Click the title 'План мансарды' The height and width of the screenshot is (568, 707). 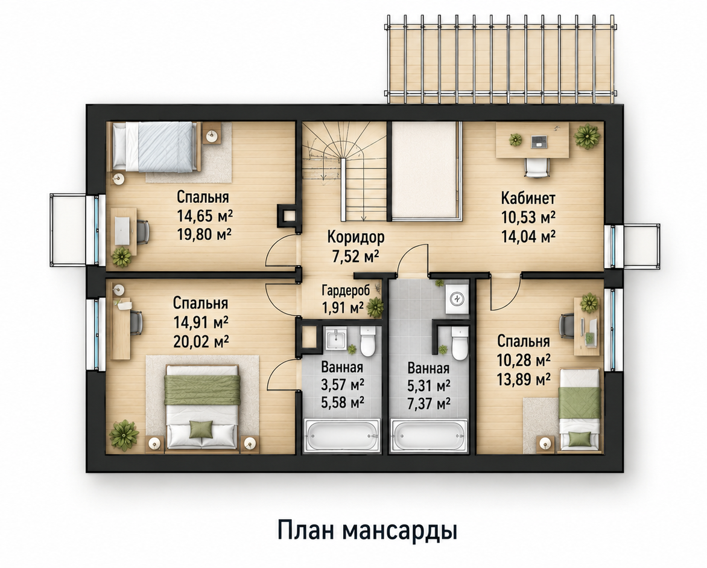[367, 530]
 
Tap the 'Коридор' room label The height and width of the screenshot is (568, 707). [356, 237]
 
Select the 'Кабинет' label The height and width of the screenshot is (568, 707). [528, 198]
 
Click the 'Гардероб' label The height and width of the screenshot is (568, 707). [346, 290]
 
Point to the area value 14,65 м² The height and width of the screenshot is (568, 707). [205, 215]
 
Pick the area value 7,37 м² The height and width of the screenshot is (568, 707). [428, 403]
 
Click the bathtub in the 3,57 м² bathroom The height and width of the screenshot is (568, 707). [343, 435]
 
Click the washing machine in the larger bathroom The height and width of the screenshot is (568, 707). [458, 298]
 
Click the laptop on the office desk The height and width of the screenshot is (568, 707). [538, 142]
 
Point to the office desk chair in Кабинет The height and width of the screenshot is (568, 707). [537, 168]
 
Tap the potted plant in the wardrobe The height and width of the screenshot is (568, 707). [375, 307]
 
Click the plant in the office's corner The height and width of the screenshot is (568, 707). [587, 135]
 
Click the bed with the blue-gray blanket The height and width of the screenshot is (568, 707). [155, 147]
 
